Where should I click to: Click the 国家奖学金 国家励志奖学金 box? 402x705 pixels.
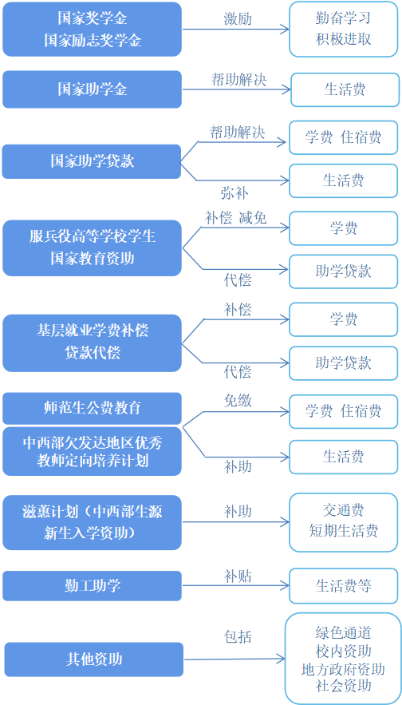pos(92,30)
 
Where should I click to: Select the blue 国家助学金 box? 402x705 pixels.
pos(92,89)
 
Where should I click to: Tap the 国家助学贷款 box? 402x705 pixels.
pos(92,161)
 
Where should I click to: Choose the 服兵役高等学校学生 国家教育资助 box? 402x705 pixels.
pos(92,248)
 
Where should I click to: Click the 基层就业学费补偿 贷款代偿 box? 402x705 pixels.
pos(92,343)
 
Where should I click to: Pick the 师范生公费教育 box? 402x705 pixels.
pos(92,408)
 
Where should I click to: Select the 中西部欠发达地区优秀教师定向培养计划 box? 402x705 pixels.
pos(92,451)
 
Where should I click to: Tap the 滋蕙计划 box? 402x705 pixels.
pos(92,522)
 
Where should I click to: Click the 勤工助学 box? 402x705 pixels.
pos(92,586)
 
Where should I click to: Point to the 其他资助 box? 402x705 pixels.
pos(94,659)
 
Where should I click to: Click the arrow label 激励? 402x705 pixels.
pos(238,19)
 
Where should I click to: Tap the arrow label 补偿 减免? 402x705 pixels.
pos(236,218)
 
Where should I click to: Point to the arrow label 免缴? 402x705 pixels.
pos(238,400)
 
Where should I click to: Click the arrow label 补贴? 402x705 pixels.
pos(238,576)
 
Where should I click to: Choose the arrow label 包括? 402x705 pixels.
pos(238,636)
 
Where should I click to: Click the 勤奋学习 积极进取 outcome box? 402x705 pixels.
pos(343,29)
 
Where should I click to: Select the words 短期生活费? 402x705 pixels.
pos(344,531)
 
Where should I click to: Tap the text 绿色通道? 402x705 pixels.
pos(343,632)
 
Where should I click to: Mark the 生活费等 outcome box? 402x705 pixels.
pos(344,586)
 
